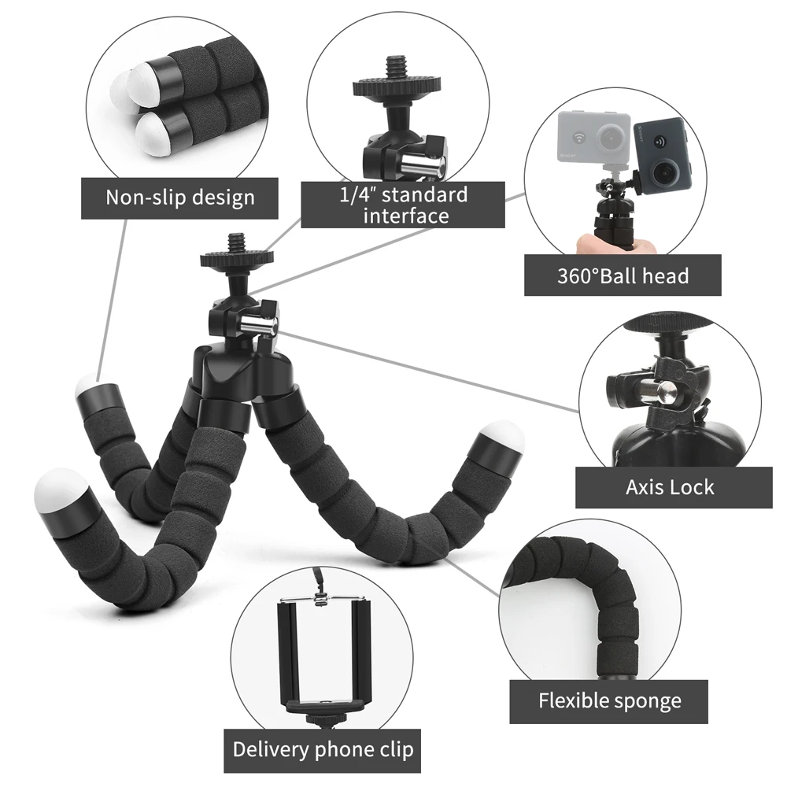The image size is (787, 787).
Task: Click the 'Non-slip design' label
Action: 180,197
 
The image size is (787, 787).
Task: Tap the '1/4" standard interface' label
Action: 403,205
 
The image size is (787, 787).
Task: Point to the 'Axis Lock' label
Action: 670,487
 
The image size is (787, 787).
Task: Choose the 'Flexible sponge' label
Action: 610,700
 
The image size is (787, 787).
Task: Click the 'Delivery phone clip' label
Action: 323,748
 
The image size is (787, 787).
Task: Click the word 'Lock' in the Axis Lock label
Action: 693,487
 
